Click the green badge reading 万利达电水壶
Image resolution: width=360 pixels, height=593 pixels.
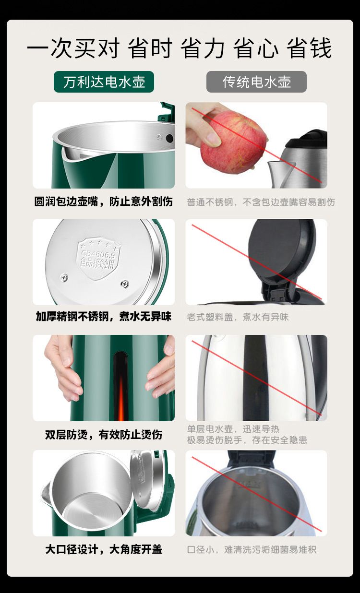click(104, 82)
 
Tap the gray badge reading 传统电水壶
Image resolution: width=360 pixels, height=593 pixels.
click(256, 82)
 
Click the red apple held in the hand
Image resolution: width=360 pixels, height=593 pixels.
click(233, 142)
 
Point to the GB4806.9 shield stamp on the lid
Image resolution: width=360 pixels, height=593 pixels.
click(98, 259)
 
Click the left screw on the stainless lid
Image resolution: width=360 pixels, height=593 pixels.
click(64, 277)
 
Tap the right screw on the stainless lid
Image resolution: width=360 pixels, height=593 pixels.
click(125, 284)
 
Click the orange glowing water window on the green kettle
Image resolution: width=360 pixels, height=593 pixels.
click(120, 386)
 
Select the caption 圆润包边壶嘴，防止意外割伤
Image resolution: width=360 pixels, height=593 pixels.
click(104, 202)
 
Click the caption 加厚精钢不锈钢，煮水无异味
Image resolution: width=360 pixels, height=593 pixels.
click(104, 316)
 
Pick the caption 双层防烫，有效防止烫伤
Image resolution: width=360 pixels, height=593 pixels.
click(104, 434)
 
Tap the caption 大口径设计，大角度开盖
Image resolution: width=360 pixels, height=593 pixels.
click(104, 549)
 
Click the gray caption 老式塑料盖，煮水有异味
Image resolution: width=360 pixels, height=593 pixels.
click(238, 317)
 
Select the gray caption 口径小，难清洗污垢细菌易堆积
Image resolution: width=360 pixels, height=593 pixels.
click(252, 550)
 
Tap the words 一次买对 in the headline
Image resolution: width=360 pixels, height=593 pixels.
click(73, 48)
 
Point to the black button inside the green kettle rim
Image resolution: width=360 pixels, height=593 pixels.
click(169, 139)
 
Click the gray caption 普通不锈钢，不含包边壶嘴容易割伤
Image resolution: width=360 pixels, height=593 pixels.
click(261, 202)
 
